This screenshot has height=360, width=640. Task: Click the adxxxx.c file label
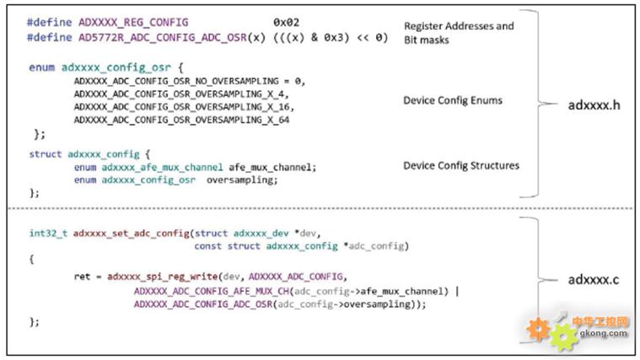593,279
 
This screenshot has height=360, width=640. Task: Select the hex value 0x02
287,22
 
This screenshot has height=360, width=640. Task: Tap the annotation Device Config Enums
452,100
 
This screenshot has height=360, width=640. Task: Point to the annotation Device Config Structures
460,165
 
